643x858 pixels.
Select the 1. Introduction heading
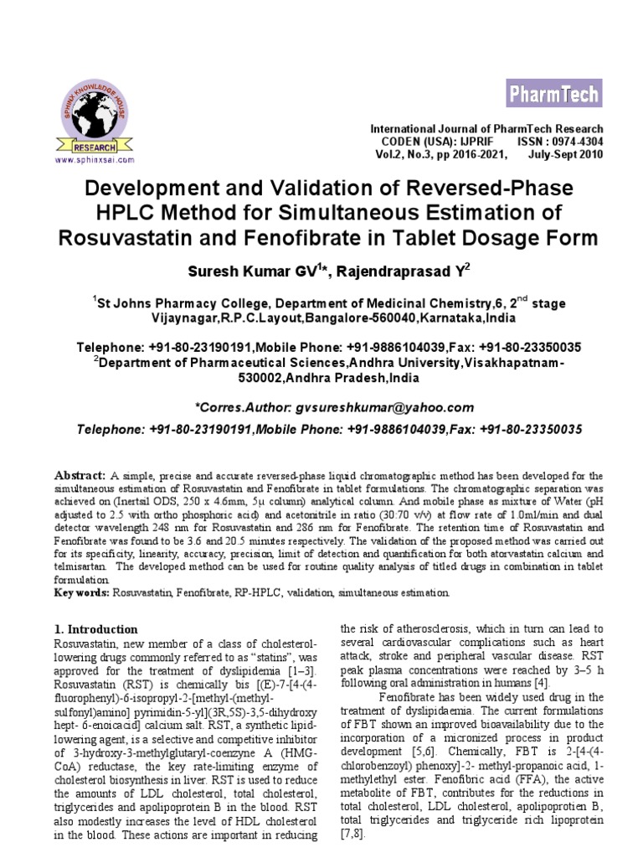tap(95, 628)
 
